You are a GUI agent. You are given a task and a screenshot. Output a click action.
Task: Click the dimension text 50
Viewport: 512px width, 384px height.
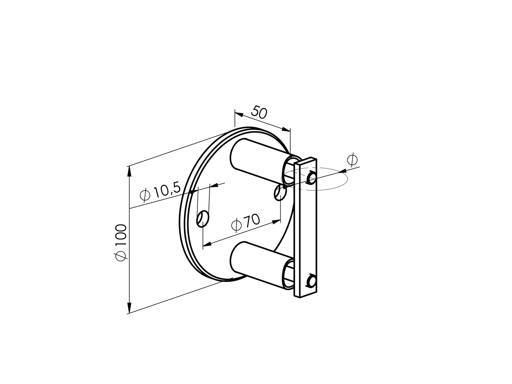click(x=259, y=112)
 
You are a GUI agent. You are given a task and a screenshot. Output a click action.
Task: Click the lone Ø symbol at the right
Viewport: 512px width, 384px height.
click(x=352, y=160)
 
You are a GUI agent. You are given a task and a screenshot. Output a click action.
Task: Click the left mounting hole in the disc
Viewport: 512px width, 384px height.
click(x=203, y=219)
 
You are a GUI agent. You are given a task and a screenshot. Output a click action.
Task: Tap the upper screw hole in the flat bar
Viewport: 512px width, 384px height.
click(x=311, y=177)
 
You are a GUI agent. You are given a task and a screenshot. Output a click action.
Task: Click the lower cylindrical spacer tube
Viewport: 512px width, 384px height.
click(x=259, y=264)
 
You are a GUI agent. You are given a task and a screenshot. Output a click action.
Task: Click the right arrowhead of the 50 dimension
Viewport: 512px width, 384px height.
click(x=286, y=129)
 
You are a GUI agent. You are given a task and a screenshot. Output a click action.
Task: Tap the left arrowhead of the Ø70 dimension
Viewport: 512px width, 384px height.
click(x=207, y=244)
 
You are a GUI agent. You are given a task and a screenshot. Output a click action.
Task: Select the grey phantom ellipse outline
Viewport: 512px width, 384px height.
click(x=335, y=186)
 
